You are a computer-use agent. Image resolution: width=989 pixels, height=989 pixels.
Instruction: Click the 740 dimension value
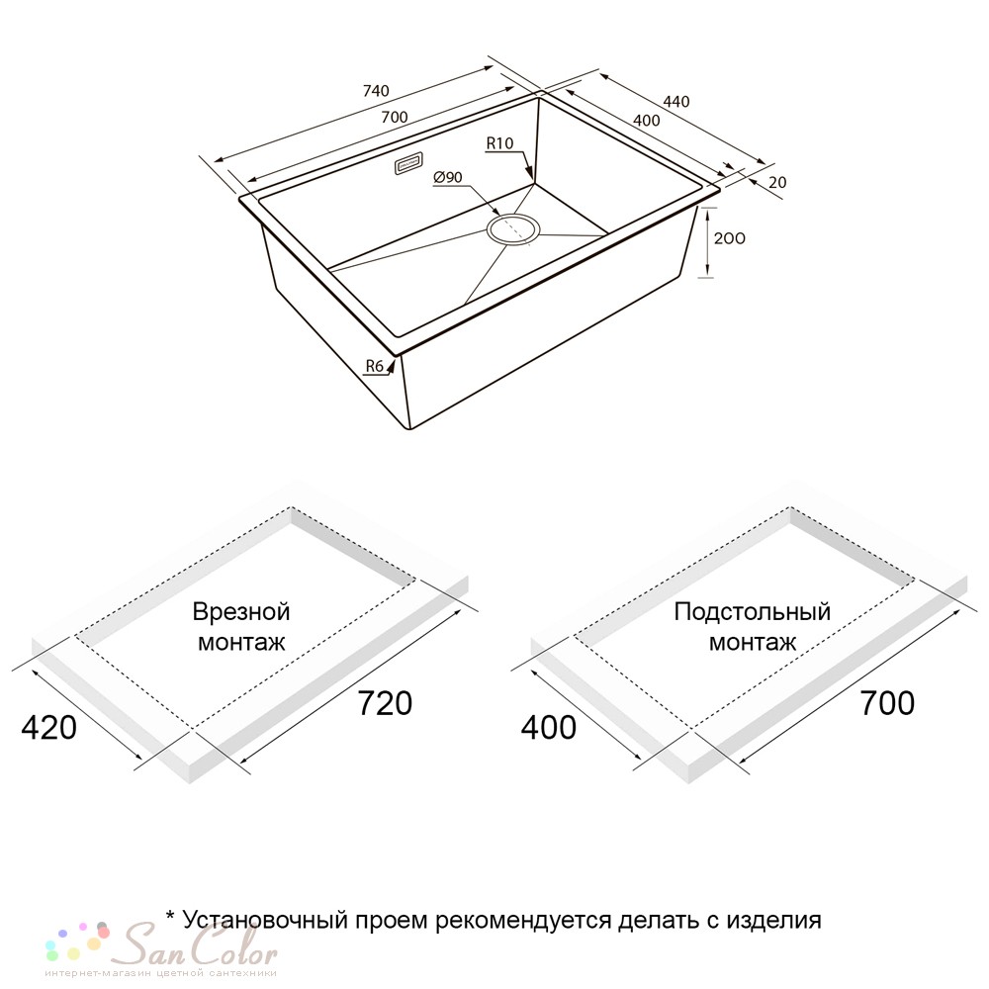point(376,91)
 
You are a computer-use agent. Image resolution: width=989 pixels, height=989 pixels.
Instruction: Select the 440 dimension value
point(676,102)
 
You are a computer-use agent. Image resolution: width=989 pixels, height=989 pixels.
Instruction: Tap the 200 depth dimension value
point(729,238)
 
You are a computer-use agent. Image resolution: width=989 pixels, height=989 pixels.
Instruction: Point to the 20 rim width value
point(777,182)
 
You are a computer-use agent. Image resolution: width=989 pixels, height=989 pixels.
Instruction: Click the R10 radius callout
point(500,143)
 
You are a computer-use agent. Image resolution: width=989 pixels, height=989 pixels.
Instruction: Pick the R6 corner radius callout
point(375,366)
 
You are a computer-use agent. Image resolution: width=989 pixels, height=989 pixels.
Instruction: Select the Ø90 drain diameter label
point(448,178)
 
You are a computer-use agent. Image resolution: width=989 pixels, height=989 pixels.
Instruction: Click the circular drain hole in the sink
point(512,228)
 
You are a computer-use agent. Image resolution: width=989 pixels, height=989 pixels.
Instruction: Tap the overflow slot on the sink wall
point(408,164)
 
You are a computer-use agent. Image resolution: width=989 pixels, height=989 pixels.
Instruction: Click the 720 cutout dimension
point(385,703)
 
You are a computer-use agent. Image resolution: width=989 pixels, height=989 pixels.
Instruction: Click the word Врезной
point(241,612)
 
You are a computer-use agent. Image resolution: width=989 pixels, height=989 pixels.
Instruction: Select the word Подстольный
point(753,612)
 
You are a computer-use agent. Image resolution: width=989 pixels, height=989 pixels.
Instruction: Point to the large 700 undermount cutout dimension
point(887,703)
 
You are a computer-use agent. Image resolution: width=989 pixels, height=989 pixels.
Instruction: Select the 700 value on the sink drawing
point(395,118)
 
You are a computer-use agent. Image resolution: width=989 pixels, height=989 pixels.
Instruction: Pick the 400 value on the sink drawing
point(646,121)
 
